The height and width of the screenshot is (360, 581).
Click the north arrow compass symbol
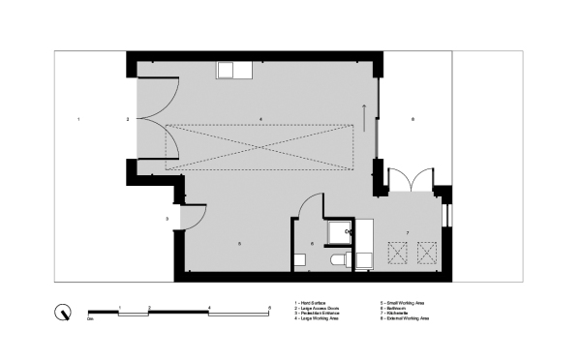[x=63, y=312]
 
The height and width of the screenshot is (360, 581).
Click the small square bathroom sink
[x=299, y=259]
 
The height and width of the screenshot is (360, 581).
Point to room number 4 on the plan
[x=260, y=118]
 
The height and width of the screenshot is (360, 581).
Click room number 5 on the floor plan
[x=238, y=244]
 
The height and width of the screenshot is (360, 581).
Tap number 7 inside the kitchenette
[x=408, y=233]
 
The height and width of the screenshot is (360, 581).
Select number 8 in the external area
[x=413, y=118]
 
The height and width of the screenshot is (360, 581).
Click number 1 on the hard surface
[x=79, y=118]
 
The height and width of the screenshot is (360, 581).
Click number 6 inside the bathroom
[x=312, y=243]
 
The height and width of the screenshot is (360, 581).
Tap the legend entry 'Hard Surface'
[x=314, y=303]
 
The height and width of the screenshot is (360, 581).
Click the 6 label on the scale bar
[x=269, y=306]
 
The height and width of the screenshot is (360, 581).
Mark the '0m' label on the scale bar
[x=89, y=317]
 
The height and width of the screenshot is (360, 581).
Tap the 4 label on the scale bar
[x=209, y=306]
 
